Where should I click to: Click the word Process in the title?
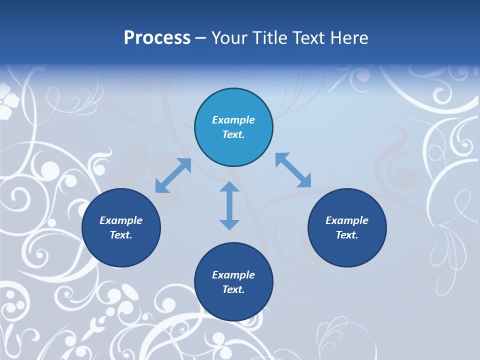point(157,38)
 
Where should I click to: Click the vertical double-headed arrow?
point(229,205)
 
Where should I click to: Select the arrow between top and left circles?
point(173,175)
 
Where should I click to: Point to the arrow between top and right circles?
point(293,170)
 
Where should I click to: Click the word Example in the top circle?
point(233,120)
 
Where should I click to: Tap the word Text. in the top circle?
point(233,134)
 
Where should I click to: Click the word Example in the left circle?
point(121,220)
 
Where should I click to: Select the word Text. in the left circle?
point(121,235)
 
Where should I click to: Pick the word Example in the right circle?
point(347,220)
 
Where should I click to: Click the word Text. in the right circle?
point(347,235)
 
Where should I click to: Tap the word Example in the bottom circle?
point(233,275)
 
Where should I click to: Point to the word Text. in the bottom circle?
point(233,289)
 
